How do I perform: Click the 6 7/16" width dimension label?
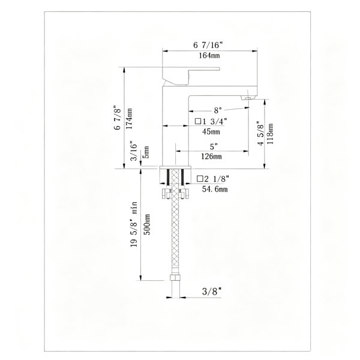click(208, 45)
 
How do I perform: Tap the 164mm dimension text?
click(209, 55)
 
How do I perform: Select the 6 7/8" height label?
click(117, 118)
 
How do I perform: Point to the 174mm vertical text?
click(130, 118)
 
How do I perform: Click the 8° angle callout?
click(218, 110)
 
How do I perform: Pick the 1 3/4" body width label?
click(211, 121)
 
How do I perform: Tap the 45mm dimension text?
click(211, 131)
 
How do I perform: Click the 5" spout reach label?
click(214, 146)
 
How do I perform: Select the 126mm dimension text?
click(211, 157)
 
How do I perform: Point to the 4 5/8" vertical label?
click(261, 133)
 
